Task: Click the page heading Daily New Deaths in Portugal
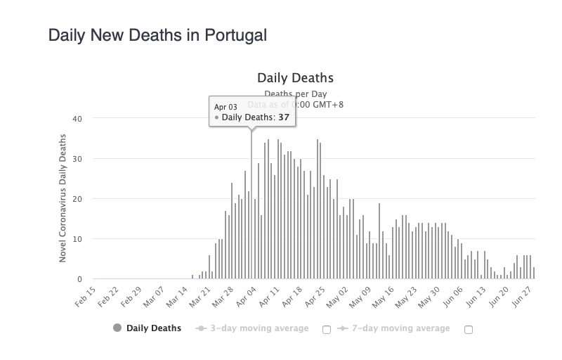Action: (x=157, y=34)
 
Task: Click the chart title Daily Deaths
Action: (x=295, y=77)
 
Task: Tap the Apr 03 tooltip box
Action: (x=252, y=112)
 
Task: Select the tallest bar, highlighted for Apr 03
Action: (x=251, y=204)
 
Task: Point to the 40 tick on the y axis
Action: (x=78, y=119)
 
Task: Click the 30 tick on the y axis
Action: (x=78, y=159)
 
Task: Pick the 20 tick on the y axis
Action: (x=78, y=199)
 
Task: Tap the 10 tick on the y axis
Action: (x=78, y=239)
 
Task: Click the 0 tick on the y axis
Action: (x=80, y=279)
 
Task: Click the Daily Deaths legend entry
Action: (x=147, y=328)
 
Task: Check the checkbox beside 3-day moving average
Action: (x=327, y=329)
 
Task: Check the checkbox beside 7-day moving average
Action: (x=469, y=329)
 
